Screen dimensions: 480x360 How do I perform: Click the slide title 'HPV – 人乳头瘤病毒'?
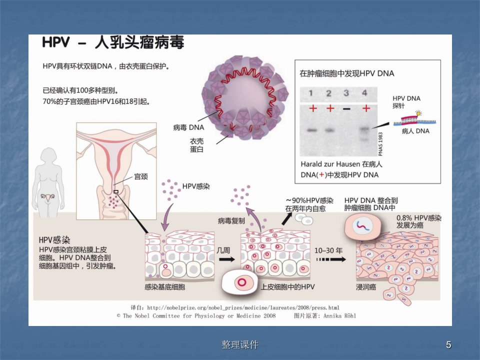(113, 42)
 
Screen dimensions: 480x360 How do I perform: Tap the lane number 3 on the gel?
(346, 93)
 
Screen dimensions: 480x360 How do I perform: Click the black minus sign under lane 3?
(346, 108)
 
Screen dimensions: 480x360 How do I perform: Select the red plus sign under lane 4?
(366, 108)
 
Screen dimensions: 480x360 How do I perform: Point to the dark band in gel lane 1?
(312, 130)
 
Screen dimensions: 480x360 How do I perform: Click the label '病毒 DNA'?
(188, 127)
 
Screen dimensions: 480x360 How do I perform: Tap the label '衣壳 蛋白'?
(196, 145)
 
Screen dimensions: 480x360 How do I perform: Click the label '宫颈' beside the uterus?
(141, 176)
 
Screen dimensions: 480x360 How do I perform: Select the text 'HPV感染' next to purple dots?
(196, 186)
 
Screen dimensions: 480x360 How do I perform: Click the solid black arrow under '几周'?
(227, 259)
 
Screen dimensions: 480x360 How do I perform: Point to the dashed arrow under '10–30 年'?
(331, 259)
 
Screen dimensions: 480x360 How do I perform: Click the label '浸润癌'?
(366, 287)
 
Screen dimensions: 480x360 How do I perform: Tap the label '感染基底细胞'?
(164, 287)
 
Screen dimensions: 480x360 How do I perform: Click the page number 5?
(448, 345)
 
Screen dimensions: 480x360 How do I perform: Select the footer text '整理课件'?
(240, 345)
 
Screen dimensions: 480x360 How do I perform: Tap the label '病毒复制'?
(231, 220)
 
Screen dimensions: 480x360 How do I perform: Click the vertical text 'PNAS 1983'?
(380, 144)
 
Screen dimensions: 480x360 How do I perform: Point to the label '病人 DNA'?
(415, 131)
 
